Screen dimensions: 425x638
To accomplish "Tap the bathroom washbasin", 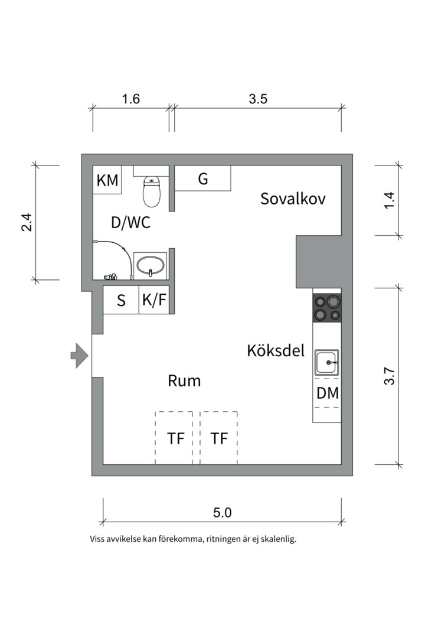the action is tap(151, 266).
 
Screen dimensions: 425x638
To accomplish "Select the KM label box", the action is tap(107, 180).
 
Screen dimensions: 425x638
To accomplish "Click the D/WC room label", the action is tap(130, 223).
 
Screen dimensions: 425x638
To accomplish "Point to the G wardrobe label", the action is tap(202, 178).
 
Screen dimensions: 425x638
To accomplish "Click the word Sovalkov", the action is tap(293, 198).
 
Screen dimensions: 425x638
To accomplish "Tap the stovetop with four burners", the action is tap(327, 307).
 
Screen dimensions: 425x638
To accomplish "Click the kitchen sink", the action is tap(326, 362).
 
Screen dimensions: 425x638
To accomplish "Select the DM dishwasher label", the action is tap(328, 393).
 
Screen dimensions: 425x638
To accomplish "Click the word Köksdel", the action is tap(276, 350).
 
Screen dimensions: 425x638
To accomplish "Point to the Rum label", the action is tap(184, 381).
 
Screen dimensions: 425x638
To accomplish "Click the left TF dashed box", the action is tap(174, 438).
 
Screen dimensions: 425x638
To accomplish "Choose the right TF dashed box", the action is tap(219, 438).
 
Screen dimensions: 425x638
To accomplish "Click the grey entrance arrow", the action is tap(79, 355).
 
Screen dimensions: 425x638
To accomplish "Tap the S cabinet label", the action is tap(121, 301).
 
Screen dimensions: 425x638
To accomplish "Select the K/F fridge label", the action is tap(154, 300).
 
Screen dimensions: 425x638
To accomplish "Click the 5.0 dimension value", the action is tap(222, 512).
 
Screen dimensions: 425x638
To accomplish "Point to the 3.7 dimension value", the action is tap(389, 376).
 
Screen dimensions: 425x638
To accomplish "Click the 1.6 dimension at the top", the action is tap(131, 99).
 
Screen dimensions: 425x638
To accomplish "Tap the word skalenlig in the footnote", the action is tap(279, 539).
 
